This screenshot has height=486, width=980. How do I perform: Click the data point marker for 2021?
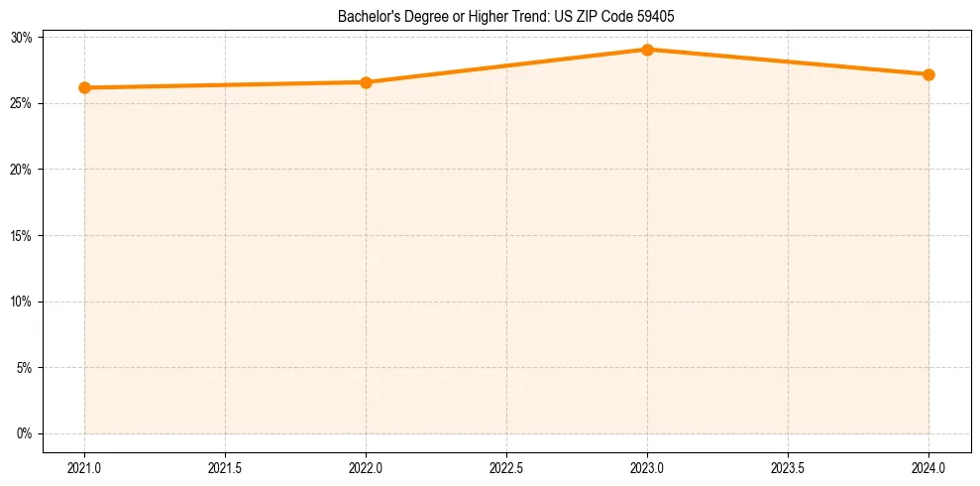click(x=85, y=87)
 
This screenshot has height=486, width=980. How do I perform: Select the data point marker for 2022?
click(x=366, y=82)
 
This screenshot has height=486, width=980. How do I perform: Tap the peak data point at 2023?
click(x=647, y=50)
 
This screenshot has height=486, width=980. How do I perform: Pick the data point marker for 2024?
click(x=928, y=74)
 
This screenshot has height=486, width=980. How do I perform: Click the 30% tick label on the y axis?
click(x=22, y=38)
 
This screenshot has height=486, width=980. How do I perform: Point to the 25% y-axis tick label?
click(x=22, y=103)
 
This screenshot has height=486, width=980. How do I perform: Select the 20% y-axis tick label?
click(x=22, y=170)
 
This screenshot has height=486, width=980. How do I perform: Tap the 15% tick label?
click(x=22, y=236)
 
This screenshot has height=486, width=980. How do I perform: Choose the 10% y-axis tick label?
click(x=22, y=302)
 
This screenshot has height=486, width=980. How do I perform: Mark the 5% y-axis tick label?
click(x=25, y=368)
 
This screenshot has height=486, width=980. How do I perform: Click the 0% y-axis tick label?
click(x=25, y=433)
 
